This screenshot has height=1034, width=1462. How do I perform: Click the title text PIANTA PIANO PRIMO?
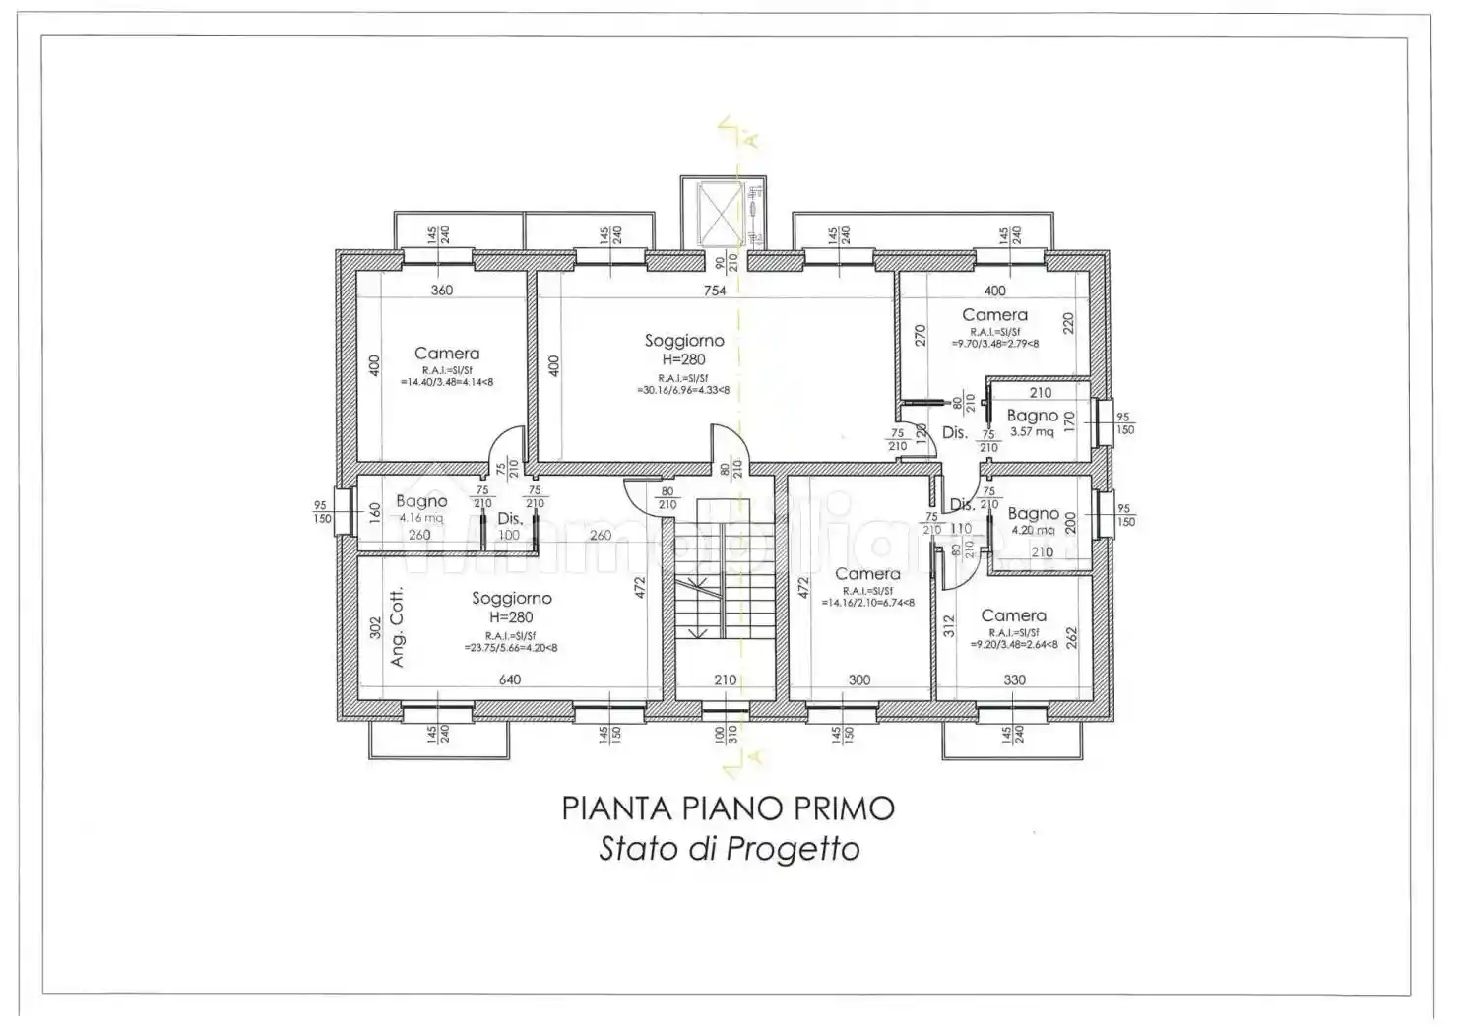tap(729, 808)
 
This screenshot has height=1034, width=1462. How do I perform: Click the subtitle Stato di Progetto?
tap(729, 849)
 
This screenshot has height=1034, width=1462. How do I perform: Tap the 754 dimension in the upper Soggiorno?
tap(714, 291)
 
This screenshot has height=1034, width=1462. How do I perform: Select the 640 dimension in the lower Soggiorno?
tap(509, 679)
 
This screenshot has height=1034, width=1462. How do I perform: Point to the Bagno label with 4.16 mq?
tap(421, 502)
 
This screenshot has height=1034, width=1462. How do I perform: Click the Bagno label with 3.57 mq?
tap(1033, 417)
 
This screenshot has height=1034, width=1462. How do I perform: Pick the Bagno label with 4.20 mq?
tap(1033, 514)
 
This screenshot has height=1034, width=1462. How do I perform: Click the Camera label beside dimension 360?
tap(447, 354)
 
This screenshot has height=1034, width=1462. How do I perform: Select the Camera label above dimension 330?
tap(1013, 615)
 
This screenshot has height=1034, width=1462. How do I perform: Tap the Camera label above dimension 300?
tap(867, 574)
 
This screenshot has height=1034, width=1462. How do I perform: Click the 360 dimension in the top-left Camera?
tap(442, 291)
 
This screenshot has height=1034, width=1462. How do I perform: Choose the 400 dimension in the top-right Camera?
tap(994, 291)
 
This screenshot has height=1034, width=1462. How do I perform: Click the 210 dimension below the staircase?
tap(725, 679)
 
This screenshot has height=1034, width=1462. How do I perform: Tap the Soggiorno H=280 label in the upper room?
tap(684, 350)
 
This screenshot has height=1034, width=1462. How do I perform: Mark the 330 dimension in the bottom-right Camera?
tap(1014, 679)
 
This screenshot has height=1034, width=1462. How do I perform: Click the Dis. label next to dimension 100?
tap(509, 518)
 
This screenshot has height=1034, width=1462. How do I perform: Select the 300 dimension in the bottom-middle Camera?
tap(859, 679)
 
